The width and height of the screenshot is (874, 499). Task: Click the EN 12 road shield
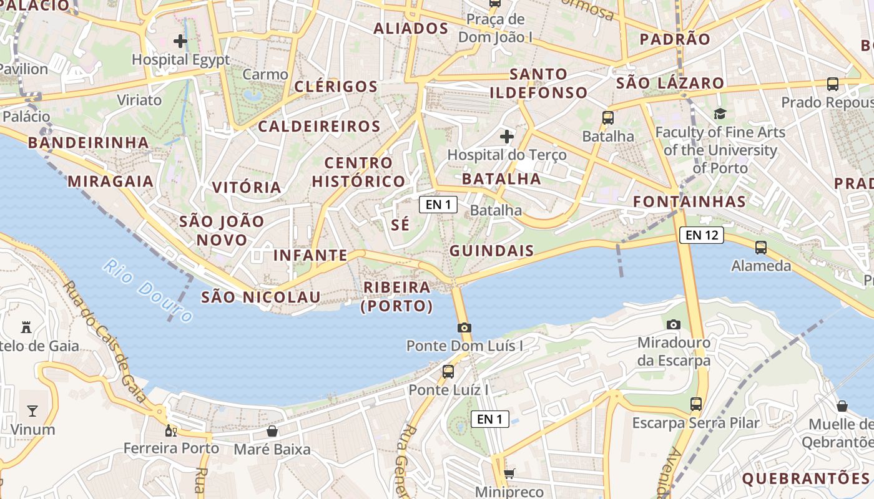(702, 235)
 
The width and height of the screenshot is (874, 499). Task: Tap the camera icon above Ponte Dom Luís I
(464, 327)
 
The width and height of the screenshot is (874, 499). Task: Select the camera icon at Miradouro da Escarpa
(673, 324)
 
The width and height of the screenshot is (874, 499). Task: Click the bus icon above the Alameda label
(760, 248)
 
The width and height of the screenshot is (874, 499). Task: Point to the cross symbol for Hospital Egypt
(180, 42)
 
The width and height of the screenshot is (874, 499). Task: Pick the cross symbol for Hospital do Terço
(507, 136)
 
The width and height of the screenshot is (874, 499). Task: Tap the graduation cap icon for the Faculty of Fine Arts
(720, 114)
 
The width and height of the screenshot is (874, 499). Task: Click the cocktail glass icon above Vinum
(32, 410)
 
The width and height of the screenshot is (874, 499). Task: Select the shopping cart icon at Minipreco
(509, 473)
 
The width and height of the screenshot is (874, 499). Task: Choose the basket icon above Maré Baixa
(272, 431)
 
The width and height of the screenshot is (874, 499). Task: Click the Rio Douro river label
(148, 291)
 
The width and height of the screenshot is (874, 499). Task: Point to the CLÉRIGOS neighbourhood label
(336, 86)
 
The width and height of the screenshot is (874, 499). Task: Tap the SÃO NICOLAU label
(260, 297)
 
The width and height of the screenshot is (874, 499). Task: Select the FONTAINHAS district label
(689, 201)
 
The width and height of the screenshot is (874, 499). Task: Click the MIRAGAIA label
(110, 182)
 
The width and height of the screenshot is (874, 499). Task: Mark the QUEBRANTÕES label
(805, 478)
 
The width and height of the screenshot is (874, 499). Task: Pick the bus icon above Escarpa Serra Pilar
(696, 404)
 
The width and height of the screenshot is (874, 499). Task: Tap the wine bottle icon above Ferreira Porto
(170, 430)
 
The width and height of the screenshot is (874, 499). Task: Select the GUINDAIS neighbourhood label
(491, 251)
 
